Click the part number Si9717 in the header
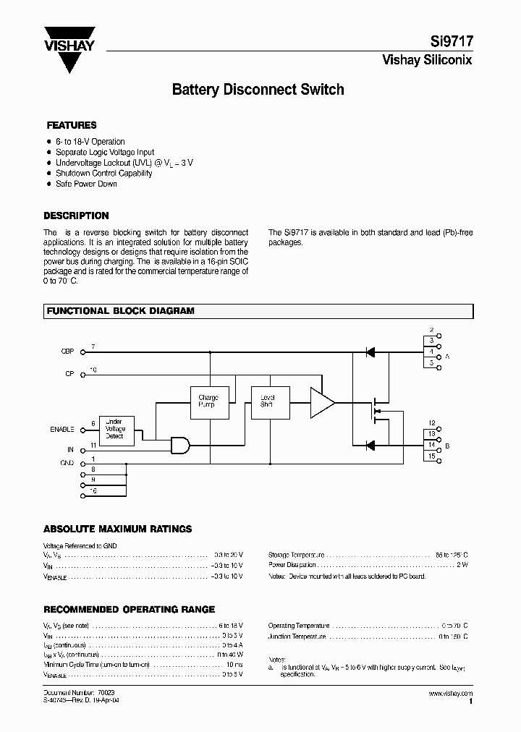(x=454, y=43)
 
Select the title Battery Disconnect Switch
(x=258, y=90)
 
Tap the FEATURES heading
(x=72, y=125)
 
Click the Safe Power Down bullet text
(x=86, y=184)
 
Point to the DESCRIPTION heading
(x=76, y=216)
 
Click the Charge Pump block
(x=208, y=401)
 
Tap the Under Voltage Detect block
(x=115, y=428)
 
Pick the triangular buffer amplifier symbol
(x=321, y=402)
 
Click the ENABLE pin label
(x=62, y=429)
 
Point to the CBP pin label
(x=67, y=352)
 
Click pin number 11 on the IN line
(x=93, y=445)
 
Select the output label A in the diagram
(x=446, y=357)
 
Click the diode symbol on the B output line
(x=370, y=445)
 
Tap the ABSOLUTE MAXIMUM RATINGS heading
(x=118, y=529)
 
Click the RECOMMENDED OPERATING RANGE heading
(x=130, y=610)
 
